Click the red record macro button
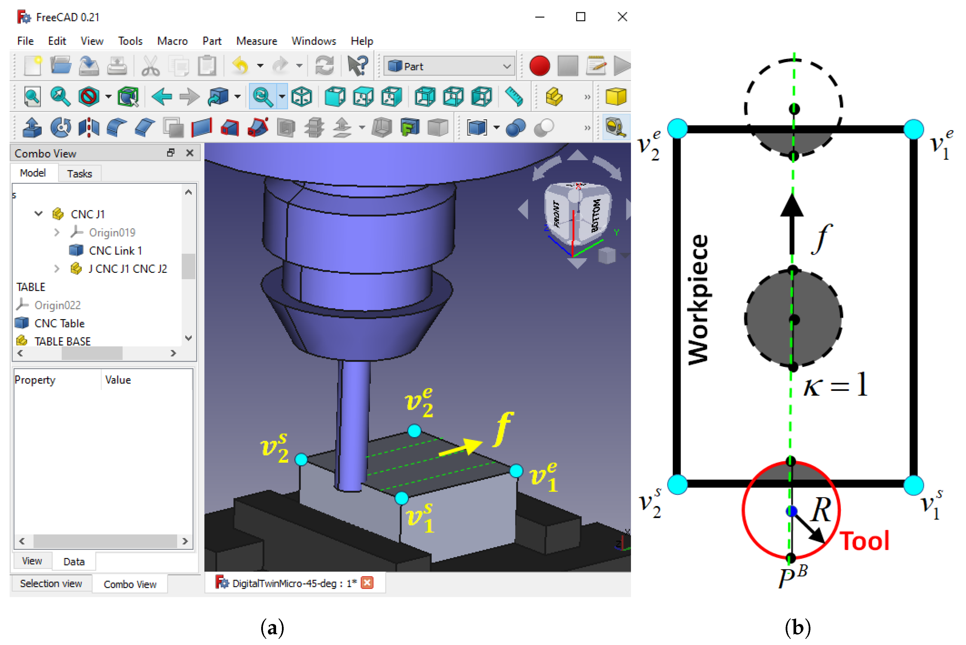(x=539, y=66)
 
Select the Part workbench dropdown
(x=449, y=66)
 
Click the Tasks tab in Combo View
(x=79, y=174)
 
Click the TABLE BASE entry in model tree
(x=62, y=341)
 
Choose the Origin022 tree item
(x=57, y=305)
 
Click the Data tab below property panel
(x=74, y=562)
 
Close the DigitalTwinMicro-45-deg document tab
(x=367, y=583)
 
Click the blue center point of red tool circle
(x=791, y=511)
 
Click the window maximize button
(x=580, y=17)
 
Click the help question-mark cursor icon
(x=357, y=66)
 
